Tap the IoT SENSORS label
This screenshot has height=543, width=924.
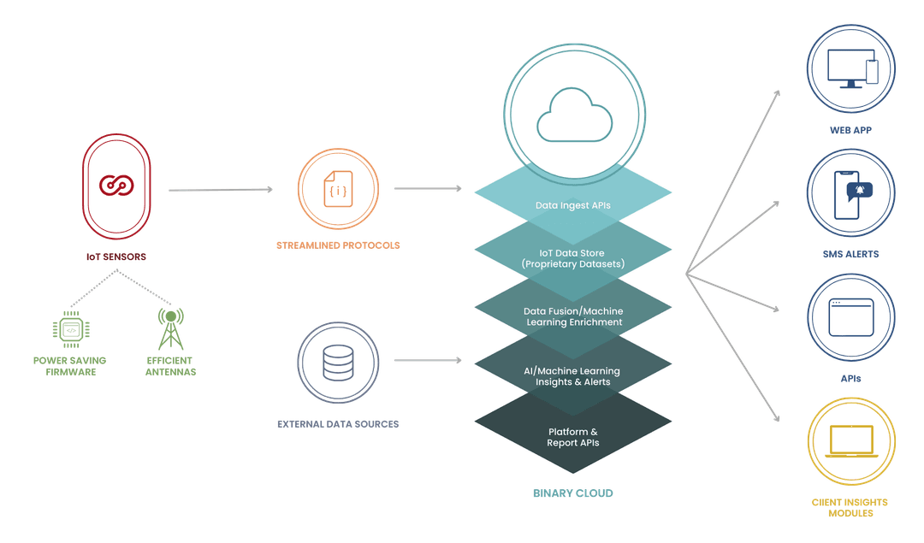pyautogui.click(x=116, y=257)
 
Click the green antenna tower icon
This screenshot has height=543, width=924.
pyautogui.click(x=169, y=328)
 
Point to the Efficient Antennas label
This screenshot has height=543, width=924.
pyautogui.click(x=169, y=366)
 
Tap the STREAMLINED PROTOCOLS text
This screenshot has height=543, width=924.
pyautogui.click(x=338, y=245)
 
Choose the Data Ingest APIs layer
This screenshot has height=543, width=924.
pyautogui.click(x=573, y=205)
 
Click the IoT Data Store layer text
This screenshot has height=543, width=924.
pyautogui.click(x=573, y=258)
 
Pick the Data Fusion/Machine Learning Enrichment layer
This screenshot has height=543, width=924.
pyautogui.click(x=573, y=316)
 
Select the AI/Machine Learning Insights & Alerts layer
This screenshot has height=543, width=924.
pyautogui.click(x=573, y=376)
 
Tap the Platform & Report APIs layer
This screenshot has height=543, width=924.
pyautogui.click(x=573, y=437)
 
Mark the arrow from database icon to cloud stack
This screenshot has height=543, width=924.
pyautogui.click(x=428, y=361)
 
